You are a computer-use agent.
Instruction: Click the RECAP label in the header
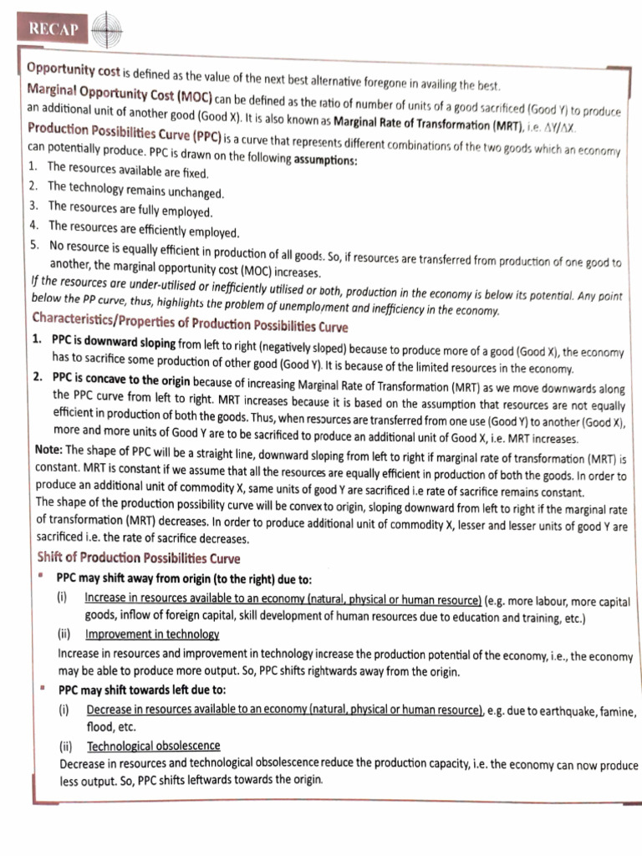coord(53,30)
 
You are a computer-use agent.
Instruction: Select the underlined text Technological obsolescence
coord(153,745)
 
